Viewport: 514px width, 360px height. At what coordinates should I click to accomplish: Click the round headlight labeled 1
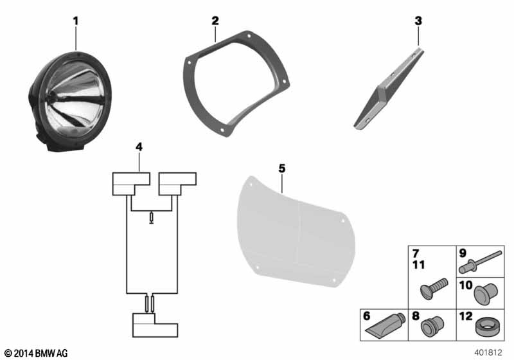coord(71,102)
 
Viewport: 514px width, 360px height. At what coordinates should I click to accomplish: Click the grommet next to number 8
coord(432,326)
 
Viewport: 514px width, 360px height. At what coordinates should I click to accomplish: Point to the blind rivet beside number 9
coord(480,262)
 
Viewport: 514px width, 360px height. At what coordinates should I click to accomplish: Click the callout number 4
coord(139,147)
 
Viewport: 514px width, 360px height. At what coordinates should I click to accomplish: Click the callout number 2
coord(215,21)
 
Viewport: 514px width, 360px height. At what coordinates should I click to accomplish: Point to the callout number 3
coord(418,21)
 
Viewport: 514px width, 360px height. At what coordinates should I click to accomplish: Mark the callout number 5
coord(282,168)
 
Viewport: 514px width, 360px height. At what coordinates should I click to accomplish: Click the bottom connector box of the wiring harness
coord(155,325)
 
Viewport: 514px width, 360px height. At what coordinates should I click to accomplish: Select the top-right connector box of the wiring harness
coord(177,184)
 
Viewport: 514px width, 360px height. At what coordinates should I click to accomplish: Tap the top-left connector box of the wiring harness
coord(131,184)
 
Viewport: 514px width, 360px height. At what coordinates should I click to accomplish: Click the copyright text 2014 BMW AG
coord(37,353)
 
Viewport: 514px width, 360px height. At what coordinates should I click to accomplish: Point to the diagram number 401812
coord(488,352)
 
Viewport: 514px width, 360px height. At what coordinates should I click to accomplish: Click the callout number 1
coord(76,21)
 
